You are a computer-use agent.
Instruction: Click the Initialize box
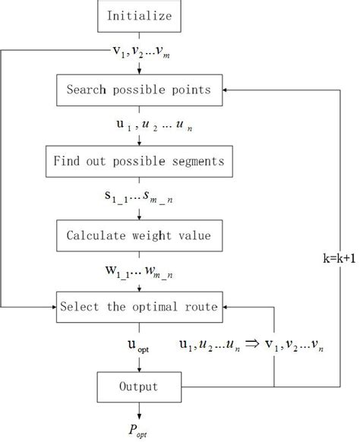(139, 16)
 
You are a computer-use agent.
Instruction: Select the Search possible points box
(139, 90)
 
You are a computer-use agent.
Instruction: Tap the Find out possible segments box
(139, 161)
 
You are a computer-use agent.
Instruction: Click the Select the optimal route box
(139, 306)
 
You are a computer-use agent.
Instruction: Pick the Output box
(139, 387)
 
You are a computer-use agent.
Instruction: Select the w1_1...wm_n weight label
(139, 270)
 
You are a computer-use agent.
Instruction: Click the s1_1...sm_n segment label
(139, 197)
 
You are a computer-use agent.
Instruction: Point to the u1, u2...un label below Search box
(139, 125)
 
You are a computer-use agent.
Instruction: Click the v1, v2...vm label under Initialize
(139, 52)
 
